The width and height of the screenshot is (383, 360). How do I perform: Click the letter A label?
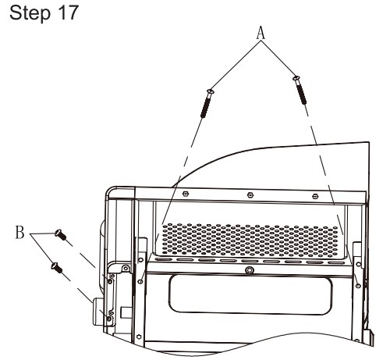(x=261, y=34)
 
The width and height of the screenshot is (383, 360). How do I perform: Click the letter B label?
(x=20, y=232)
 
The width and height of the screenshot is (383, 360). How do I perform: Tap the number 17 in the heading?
(x=69, y=12)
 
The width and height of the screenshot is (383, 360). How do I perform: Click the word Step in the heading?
(x=30, y=13)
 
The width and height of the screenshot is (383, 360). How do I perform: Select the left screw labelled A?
(x=207, y=103)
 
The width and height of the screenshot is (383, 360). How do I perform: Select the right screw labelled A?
(x=300, y=90)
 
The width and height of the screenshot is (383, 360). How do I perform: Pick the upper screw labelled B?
(x=61, y=235)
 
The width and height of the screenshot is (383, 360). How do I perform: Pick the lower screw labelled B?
(x=57, y=268)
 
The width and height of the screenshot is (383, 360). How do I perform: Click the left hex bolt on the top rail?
(x=186, y=194)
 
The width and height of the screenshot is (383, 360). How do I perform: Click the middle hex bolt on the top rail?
(x=250, y=194)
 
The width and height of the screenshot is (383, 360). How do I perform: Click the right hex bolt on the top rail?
(x=315, y=196)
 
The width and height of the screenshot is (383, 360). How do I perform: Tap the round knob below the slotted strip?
(x=250, y=270)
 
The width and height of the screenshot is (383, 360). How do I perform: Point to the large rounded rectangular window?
(x=250, y=294)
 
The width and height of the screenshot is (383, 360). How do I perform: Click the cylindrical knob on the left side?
(x=98, y=311)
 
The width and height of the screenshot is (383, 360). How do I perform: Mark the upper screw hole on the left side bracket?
(x=110, y=282)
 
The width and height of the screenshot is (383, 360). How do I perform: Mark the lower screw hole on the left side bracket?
(x=109, y=319)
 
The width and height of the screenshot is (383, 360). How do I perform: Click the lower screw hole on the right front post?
(x=358, y=286)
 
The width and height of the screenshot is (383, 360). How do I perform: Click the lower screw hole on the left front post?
(x=140, y=281)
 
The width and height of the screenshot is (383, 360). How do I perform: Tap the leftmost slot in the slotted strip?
(x=161, y=259)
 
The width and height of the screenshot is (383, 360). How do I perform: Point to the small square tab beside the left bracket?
(x=126, y=312)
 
